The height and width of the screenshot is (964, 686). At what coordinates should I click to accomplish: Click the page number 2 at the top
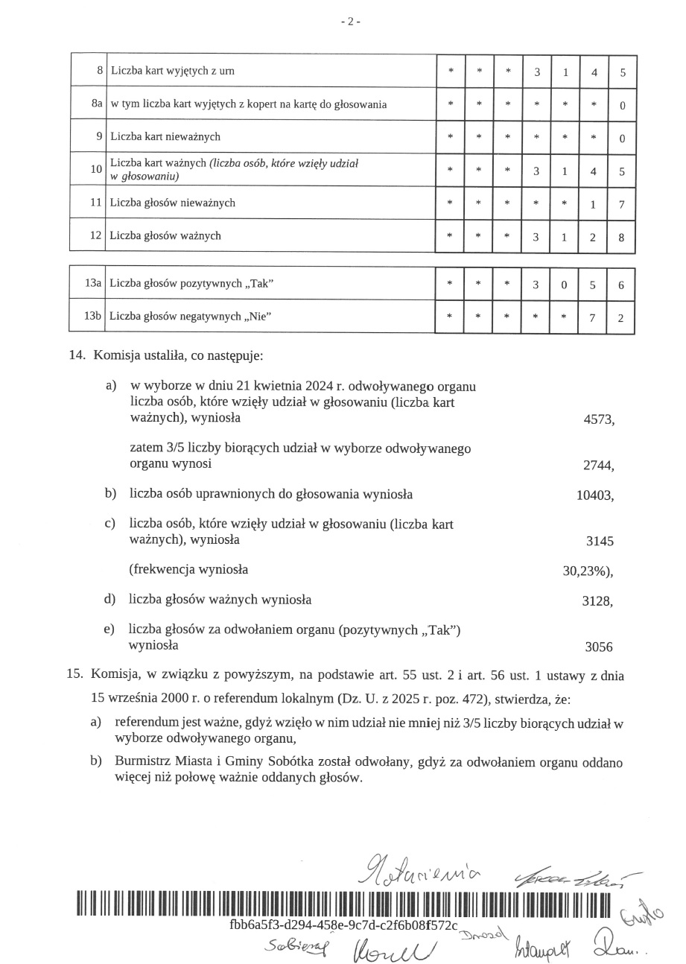click(350, 22)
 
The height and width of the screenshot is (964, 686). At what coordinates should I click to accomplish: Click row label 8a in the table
click(97, 104)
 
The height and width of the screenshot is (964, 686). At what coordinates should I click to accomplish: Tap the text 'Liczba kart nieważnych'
click(165, 137)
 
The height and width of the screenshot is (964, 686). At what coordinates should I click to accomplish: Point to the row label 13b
click(92, 316)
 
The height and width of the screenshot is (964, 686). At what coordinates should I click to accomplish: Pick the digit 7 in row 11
click(621, 203)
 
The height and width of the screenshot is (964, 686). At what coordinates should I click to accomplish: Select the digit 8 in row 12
click(621, 237)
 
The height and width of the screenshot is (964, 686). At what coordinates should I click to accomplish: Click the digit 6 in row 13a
click(621, 285)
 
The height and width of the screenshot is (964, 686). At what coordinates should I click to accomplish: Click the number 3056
click(599, 647)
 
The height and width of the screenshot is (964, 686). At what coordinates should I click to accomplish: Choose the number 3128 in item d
click(598, 601)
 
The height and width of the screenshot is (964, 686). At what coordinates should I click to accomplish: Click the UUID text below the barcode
click(344, 925)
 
